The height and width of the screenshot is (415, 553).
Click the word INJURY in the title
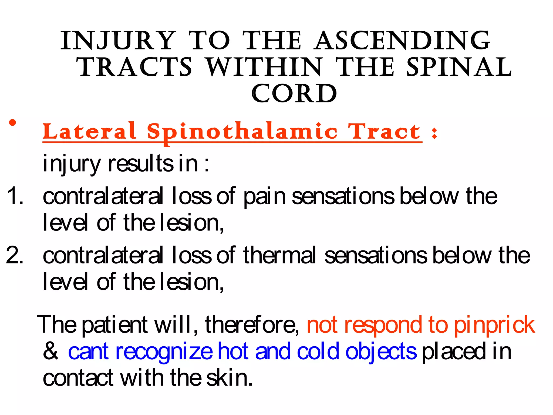(x=118, y=41)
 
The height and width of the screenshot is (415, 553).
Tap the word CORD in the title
(x=294, y=94)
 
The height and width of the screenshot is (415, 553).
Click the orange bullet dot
(x=12, y=123)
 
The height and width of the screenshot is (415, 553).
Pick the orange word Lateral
(x=89, y=132)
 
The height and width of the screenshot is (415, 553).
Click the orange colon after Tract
(x=434, y=133)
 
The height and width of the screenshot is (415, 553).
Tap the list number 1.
(x=15, y=196)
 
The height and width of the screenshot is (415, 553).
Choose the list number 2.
(x=15, y=255)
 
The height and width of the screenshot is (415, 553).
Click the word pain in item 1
(x=264, y=197)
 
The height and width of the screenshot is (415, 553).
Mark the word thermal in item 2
(x=279, y=255)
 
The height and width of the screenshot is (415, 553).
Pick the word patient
(x=114, y=325)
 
